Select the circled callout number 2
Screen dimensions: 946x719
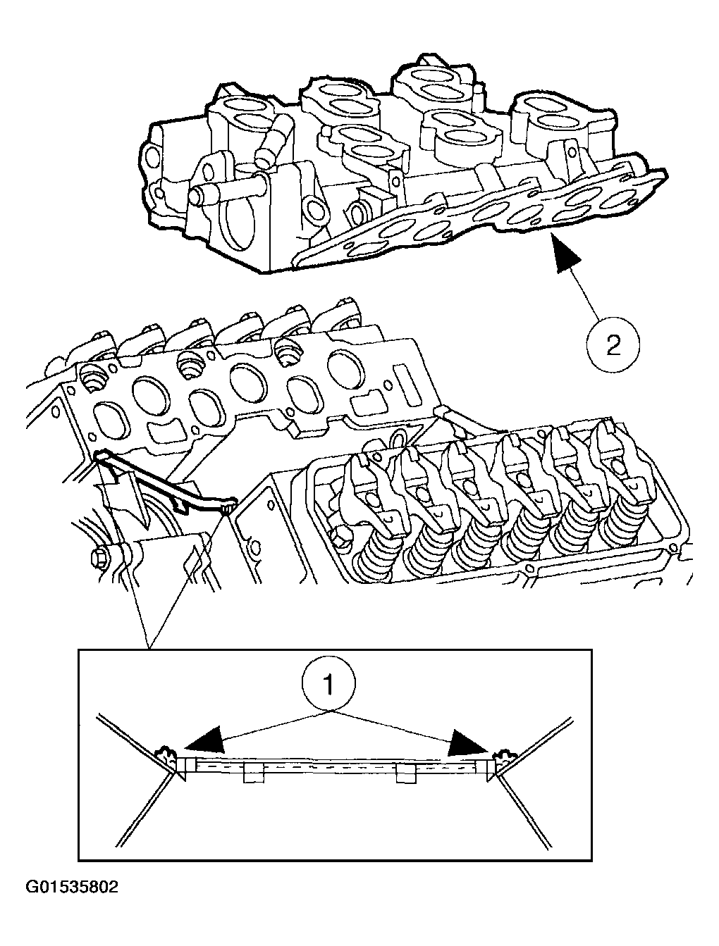coord(613,345)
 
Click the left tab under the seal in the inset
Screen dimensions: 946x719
coord(253,774)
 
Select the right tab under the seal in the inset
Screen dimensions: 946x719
coord(407,774)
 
